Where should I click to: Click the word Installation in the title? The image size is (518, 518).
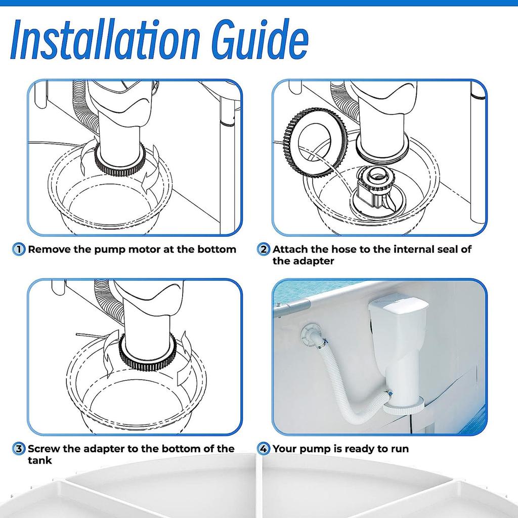pos(105,39)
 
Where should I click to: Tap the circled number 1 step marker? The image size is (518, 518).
pos(19,249)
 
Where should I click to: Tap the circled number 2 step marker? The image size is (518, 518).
pos(263,249)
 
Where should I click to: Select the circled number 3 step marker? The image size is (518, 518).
pos(19,449)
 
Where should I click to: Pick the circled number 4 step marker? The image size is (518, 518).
pos(263,449)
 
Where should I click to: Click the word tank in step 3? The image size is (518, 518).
pos(39,460)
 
